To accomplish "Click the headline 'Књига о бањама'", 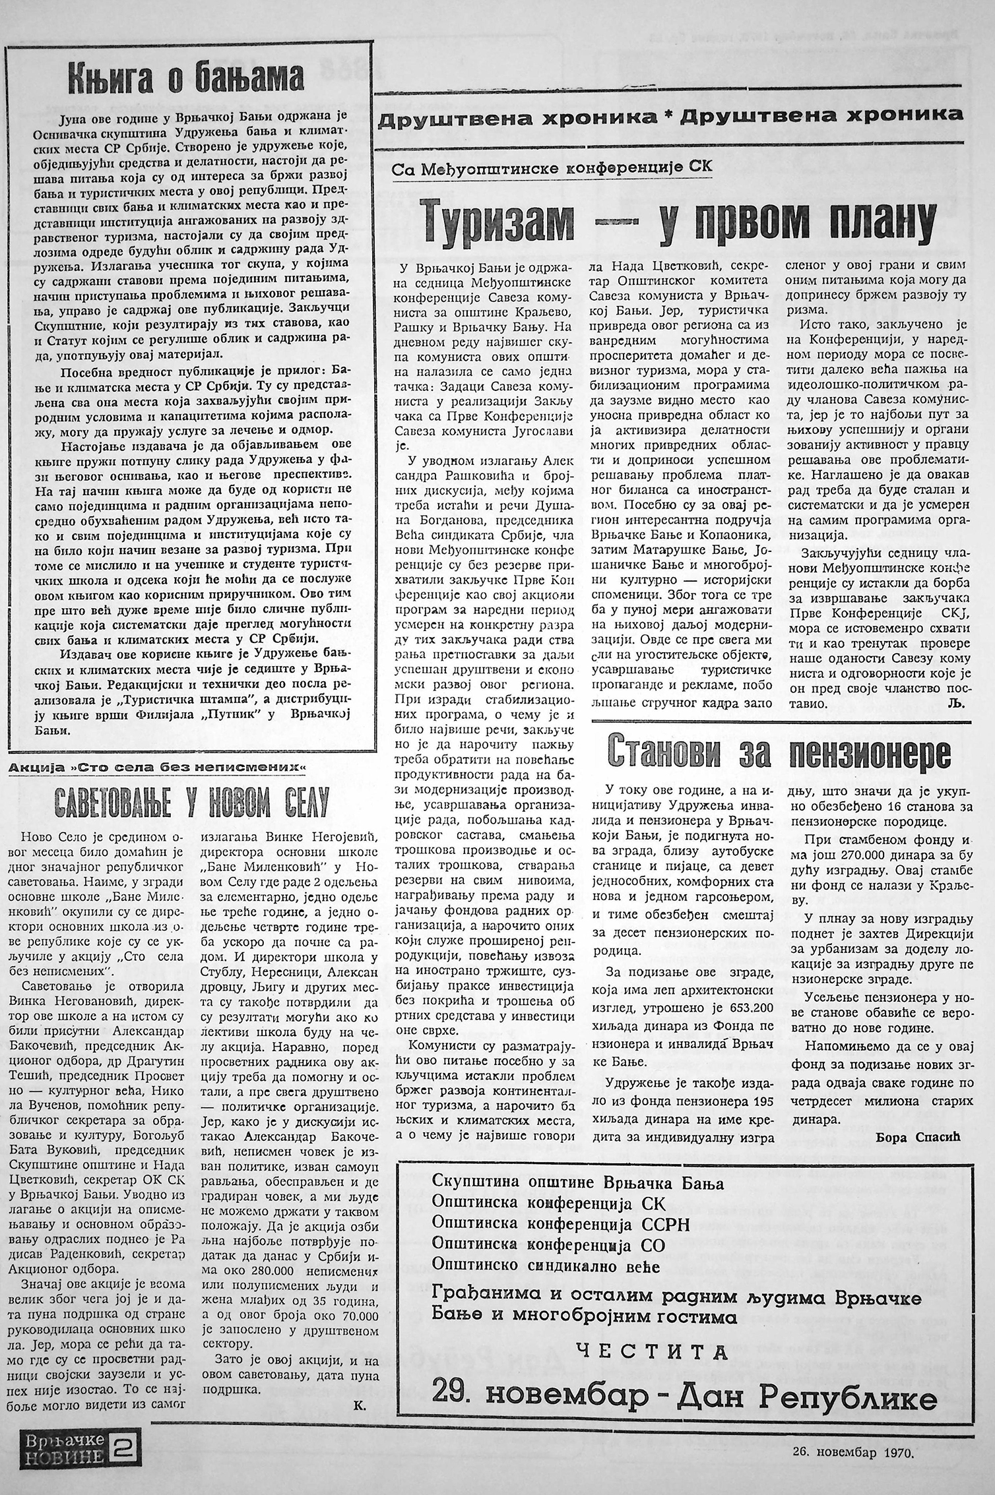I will (186, 78).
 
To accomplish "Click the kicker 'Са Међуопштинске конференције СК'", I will (553, 168).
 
